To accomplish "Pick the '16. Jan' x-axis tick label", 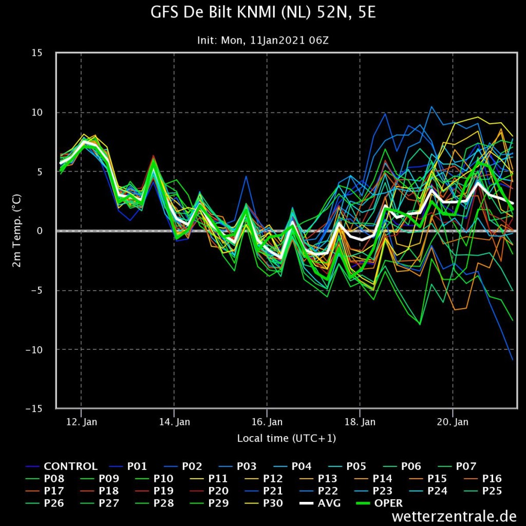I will click(x=267, y=422).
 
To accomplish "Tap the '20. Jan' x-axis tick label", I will click(x=453, y=422).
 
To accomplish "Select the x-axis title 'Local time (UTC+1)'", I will click(x=286, y=438).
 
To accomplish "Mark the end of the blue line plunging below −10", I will click(x=513, y=360).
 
